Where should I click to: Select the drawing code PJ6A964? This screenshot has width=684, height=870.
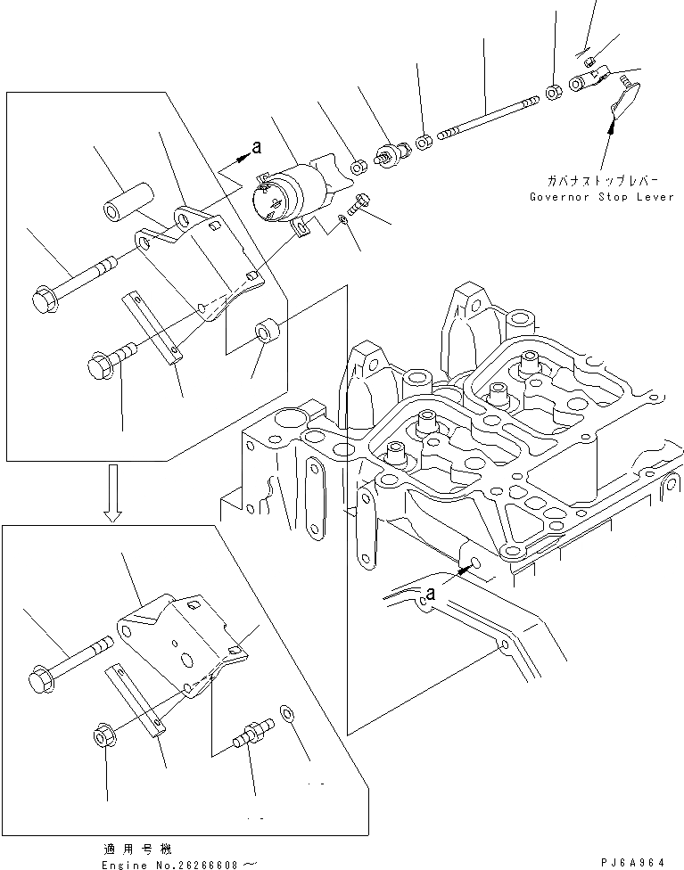634,862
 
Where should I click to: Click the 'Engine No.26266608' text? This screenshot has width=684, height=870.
178,862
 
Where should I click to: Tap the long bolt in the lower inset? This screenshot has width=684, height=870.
71,657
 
